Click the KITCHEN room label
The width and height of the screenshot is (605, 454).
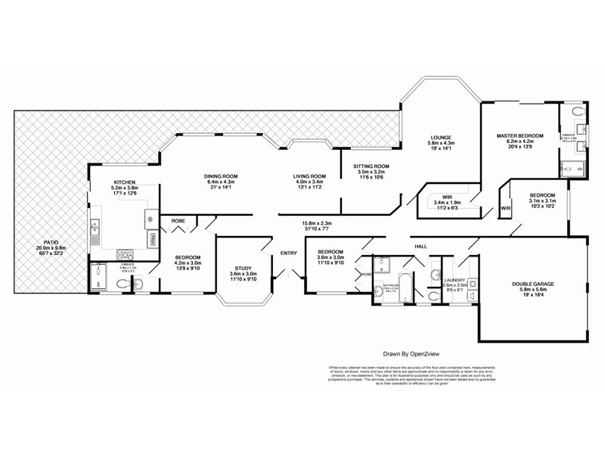(x=124, y=182)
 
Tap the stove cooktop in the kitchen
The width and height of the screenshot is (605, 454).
(x=123, y=254)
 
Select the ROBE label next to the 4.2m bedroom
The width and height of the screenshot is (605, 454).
(x=178, y=222)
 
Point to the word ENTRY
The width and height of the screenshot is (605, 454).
(x=289, y=253)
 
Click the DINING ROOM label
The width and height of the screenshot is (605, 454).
(x=220, y=176)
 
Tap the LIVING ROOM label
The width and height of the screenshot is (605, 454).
(x=309, y=176)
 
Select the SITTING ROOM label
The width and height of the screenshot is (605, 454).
(x=371, y=166)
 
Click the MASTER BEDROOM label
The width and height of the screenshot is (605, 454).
(x=515, y=135)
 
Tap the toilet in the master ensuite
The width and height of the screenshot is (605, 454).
(x=577, y=112)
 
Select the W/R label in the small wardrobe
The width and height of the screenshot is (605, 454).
(x=505, y=210)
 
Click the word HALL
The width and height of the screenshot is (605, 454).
(x=421, y=246)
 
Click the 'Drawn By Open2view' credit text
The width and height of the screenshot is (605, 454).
(x=414, y=353)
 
